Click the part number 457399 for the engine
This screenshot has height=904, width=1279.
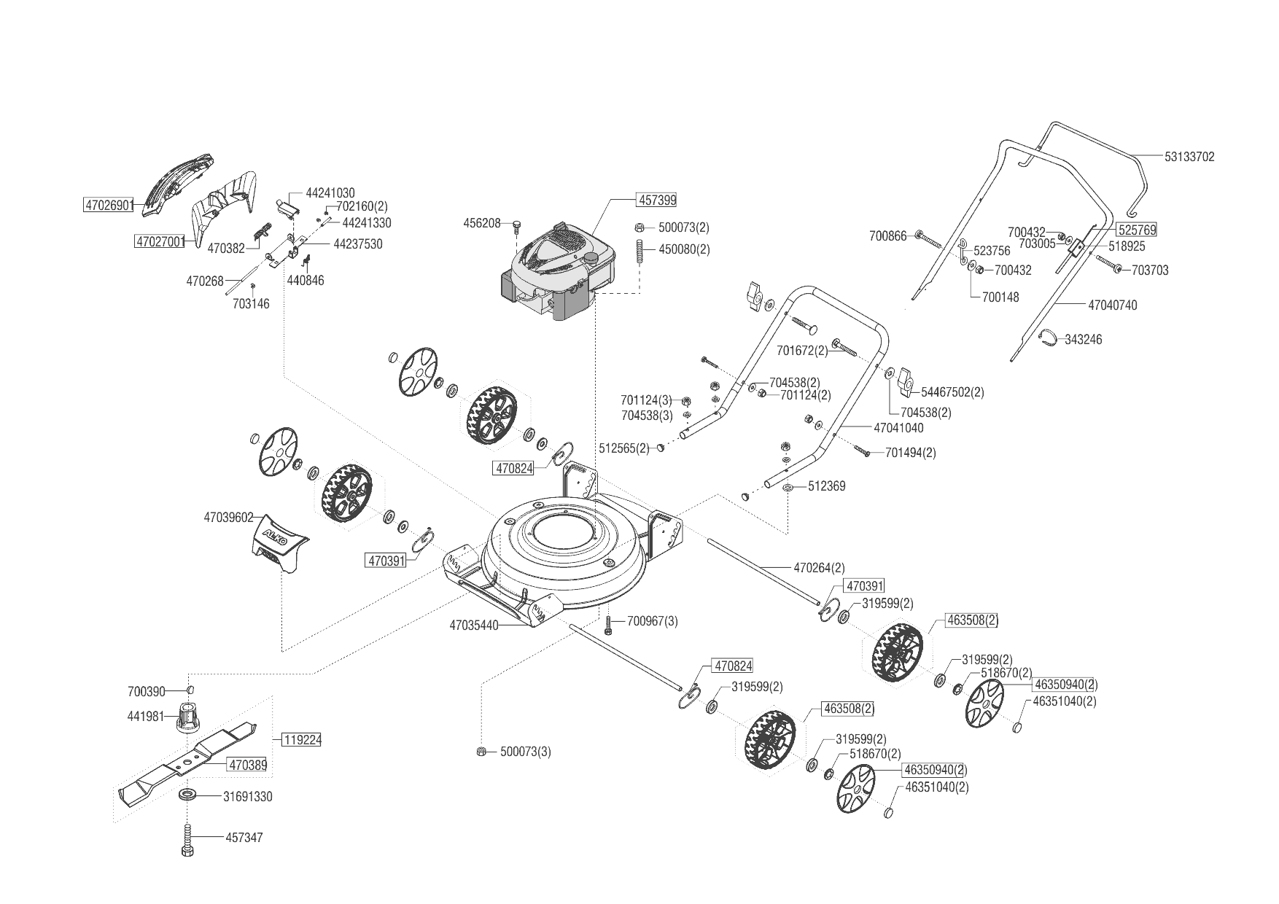[657, 200]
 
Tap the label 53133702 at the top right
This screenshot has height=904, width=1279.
[1189, 157]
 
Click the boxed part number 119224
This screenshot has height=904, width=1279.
[302, 739]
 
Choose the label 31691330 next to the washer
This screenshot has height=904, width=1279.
[247, 797]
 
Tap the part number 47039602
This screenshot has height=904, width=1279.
[228, 518]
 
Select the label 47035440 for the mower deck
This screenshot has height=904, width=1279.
[474, 626]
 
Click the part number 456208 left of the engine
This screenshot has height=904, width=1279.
[482, 223]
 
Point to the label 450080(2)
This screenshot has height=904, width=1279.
[684, 249]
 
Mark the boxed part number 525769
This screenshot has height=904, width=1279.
[1137, 230]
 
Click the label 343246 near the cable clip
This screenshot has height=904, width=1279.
[1084, 340]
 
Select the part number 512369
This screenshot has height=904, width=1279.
[826, 486]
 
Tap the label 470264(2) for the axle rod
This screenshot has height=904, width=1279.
[819, 567]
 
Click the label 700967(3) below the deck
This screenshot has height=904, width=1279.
[652, 621]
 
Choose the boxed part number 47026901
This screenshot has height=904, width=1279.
[109, 206]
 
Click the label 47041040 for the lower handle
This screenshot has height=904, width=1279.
[898, 428]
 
